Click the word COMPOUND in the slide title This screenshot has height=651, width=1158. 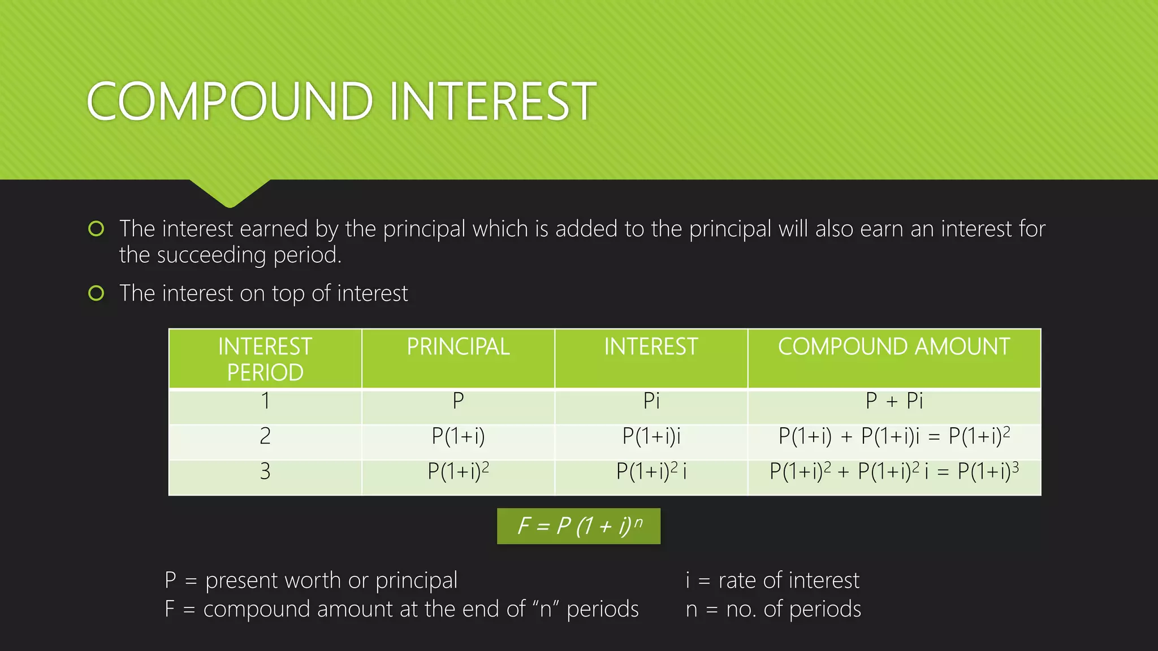tap(230, 102)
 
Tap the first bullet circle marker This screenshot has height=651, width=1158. tap(96, 229)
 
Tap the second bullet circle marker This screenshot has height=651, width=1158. tap(96, 293)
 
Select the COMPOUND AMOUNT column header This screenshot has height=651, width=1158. tap(893, 346)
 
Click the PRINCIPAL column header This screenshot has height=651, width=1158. tap(458, 346)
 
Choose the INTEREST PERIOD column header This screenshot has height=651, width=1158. tap(265, 359)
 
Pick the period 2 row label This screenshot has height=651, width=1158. tap(265, 436)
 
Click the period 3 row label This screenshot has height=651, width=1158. tap(265, 471)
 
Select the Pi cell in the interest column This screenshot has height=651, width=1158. tap(651, 401)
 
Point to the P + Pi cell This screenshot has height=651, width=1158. tap(893, 401)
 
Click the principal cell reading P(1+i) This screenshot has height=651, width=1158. tap(458, 436)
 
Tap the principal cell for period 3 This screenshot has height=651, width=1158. tap(458, 471)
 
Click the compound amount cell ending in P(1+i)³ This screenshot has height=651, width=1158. tap(893, 471)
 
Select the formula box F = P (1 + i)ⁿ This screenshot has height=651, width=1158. tap(578, 526)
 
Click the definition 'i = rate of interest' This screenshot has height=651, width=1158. tap(772, 580)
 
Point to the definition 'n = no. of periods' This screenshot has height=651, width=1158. tap(773, 609)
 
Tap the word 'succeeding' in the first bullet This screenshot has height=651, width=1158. tap(211, 255)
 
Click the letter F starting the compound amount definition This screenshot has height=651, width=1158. tap(170, 609)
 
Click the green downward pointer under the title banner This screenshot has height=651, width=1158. tap(230, 192)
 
